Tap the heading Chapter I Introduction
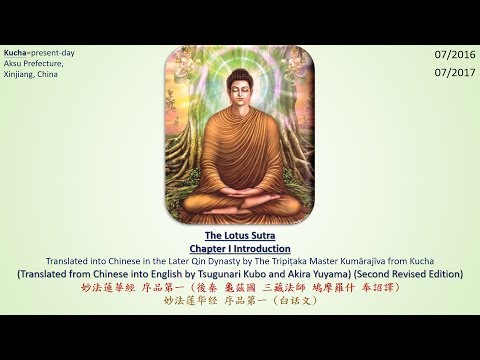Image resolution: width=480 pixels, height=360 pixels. (240, 249)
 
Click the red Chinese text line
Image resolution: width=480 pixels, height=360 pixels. (240, 286)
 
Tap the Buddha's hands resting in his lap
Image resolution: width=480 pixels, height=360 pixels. (240, 183)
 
